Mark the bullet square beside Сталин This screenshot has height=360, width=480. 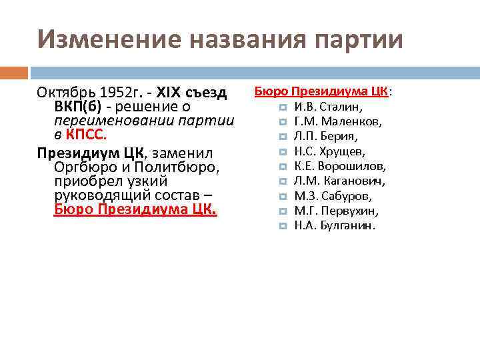(282, 107)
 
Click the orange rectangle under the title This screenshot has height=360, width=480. (14, 71)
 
